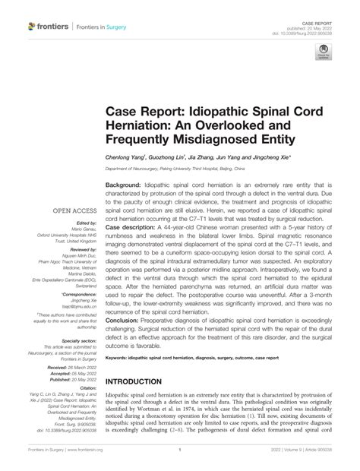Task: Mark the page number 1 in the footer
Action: [179, 460]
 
